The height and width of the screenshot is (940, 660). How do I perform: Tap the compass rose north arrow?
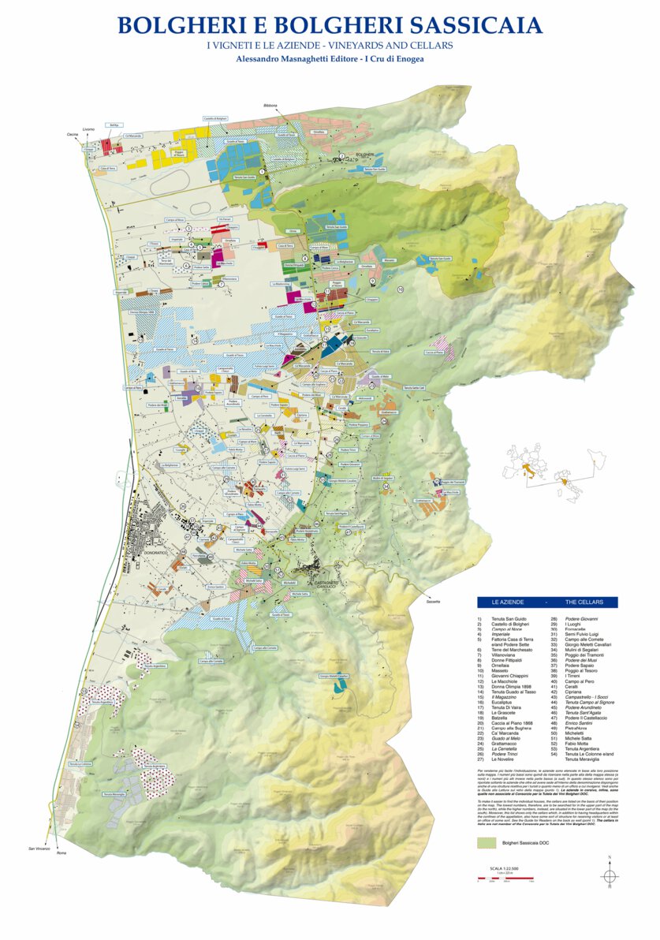coord(610,875)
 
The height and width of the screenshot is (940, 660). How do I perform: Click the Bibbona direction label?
coord(270,105)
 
